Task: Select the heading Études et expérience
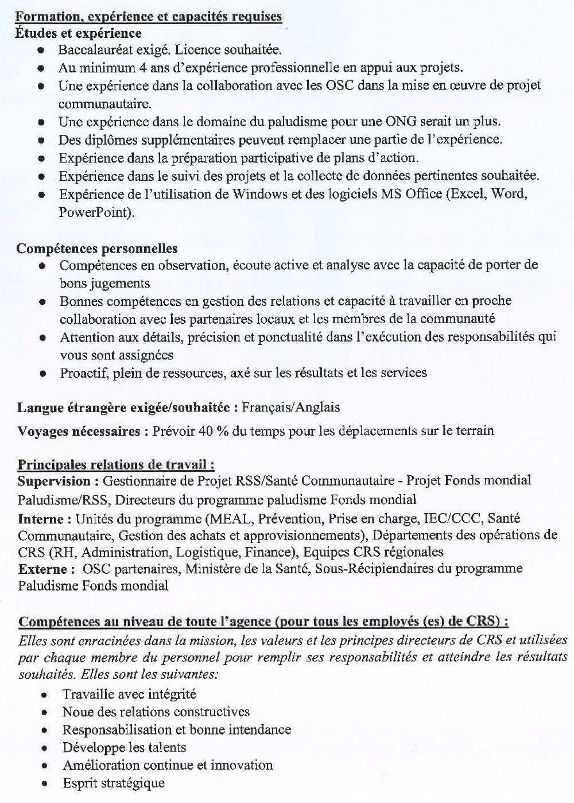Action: pyautogui.click(x=78, y=34)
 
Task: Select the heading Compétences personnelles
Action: pyautogui.click(x=96, y=249)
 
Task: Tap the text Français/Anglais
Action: pyautogui.click(x=290, y=408)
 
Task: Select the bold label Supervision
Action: pyautogui.click(x=54, y=480)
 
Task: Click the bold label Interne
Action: pyautogui.click(x=41, y=519)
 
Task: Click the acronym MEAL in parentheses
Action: pyautogui.click(x=232, y=519)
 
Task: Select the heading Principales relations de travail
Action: pyautogui.click(x=117, y=464)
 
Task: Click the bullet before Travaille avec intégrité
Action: pyautogui.click(x=44, y=695)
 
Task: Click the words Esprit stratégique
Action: pyautogui.click(x=114, y=783)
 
